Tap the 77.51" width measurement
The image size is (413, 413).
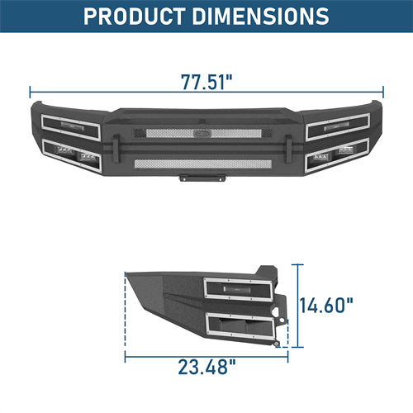coord(206,82)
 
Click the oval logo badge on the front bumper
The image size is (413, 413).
coord(206,128)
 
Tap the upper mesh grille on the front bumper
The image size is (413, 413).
coord(206,132)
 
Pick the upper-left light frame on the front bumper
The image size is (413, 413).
coord(69,129)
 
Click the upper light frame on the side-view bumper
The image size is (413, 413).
coord(240,290)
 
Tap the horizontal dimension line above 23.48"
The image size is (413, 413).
coord(206,352)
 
